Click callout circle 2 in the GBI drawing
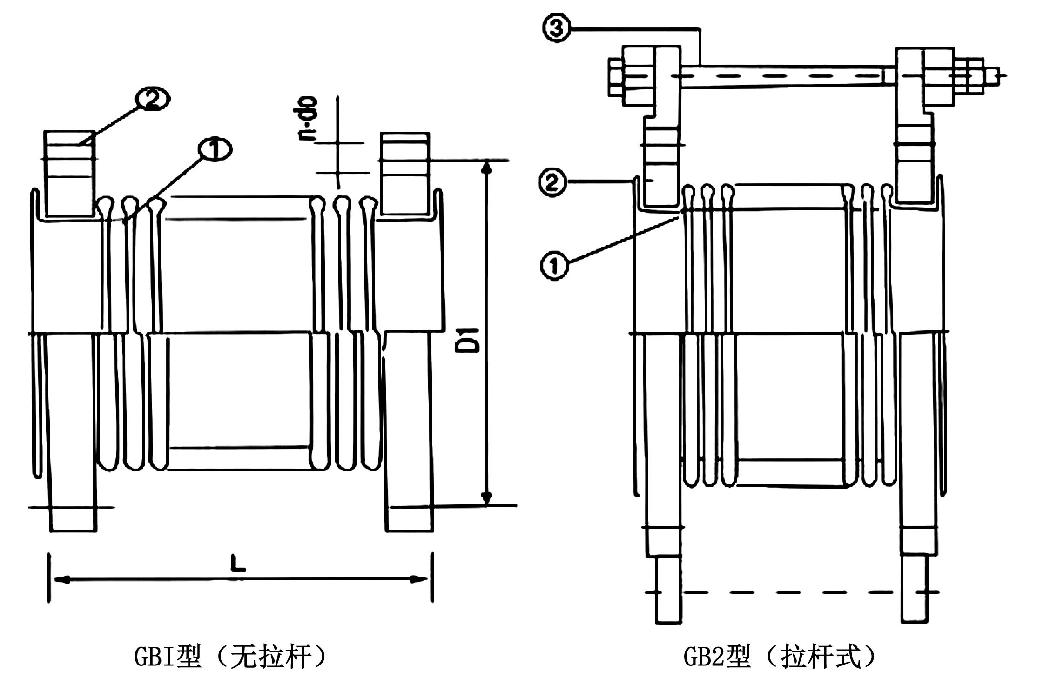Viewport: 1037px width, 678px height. point(152,99)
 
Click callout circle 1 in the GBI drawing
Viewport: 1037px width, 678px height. point(214,150)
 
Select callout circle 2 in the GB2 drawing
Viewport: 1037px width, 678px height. point(552,182)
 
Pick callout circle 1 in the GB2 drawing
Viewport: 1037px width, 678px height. point(554,265)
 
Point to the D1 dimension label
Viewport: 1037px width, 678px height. point(473,340)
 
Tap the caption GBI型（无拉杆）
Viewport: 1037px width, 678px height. point(230,657)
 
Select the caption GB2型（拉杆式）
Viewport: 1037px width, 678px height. point(780,657)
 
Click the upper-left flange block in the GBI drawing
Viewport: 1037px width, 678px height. point(68,173)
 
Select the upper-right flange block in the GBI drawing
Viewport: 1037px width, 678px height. point(404,173)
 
